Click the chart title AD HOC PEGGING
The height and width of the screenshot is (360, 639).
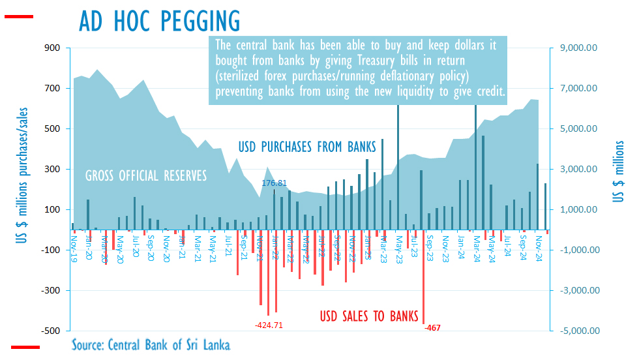coord(159,21)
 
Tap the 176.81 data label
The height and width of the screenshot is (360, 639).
coord(275,184)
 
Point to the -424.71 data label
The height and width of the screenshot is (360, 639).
coord(269,324)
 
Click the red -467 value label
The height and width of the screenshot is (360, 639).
coord(432,327)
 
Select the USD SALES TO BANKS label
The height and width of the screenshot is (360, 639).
coord(368,317)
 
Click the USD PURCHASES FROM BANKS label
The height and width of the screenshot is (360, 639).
coord(308,146)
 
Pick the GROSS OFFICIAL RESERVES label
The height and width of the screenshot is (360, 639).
coord(146,175)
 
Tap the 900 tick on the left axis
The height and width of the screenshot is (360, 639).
coord(52,48)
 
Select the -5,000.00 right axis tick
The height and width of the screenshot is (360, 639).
coord(577,331)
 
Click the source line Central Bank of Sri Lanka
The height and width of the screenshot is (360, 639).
coord(151,344)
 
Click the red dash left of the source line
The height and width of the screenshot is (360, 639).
coord(25,347)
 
